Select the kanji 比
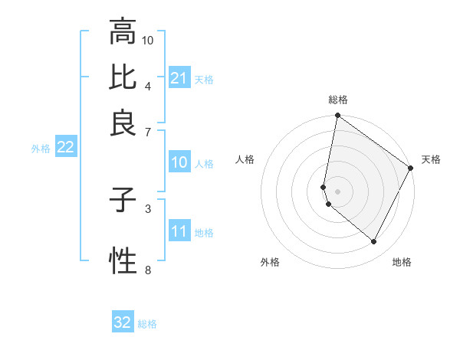click(x=123, y=77)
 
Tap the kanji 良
click(x=123, y=123)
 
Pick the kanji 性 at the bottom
click(x=123, y=261)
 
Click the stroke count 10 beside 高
click(x=148, y=39)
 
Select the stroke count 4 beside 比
click(x=148, y=85)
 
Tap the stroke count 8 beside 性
click(x=148, y=269)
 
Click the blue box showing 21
click(x=179, y=78)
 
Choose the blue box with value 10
click(x=179, y=162)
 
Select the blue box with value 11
click(x=179, y=231)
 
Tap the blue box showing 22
click(x=65, y=147)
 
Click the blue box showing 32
click(x=123, y=322)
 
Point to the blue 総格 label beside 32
click(x=147, y=324)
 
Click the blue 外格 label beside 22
click(x=40, y=149)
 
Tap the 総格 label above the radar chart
click(x=337, y=100)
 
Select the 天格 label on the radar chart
click(x=431, y=159)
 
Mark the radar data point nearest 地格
click(x=374, y=241)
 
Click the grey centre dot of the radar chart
click(x=337, y=191)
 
